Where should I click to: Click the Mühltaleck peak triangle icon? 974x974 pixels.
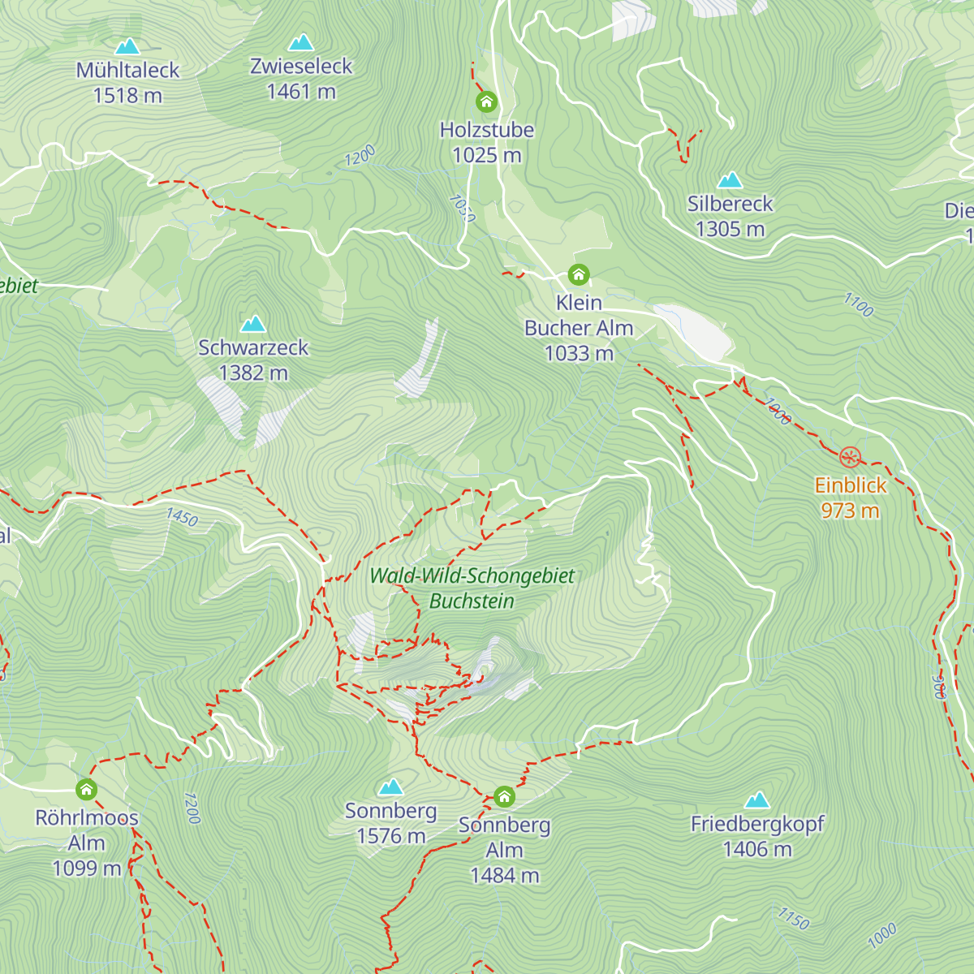click(x=127, y=46)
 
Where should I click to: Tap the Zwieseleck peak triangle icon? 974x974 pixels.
click(x=301, y=42)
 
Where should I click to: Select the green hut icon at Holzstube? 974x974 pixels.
click(x=486, y=102)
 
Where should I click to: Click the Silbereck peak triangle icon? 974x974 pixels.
click(x=730, y=179)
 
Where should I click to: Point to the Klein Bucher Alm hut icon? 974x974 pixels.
click(x=579, y=275)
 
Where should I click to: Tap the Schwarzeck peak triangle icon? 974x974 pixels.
click(x=253, y=324)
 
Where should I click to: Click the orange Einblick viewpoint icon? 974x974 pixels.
click(x=850, y=458)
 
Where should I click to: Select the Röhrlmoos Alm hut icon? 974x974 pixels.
click(x=87, y=790)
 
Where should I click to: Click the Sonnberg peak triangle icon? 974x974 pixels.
click(x=391, y=787)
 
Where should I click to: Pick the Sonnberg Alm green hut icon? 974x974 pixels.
click(x=504, y=797)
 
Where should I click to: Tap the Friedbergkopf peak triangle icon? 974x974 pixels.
click(x=757, y=800)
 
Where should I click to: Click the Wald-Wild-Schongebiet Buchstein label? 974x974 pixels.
click(x=472, y=588)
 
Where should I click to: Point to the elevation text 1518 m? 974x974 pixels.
click(x=127, y=96)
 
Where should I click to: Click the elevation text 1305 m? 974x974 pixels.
click(x=730, y=230)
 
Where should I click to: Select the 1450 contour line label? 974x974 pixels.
click(x=182, y=517)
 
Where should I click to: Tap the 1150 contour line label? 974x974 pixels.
click(x=793, y=919)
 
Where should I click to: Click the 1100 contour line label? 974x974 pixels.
click(x=858, y=305)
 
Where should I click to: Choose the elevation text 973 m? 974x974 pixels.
click(x=850, y=511)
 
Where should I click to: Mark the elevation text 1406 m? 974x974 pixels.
click(x=757, y=850)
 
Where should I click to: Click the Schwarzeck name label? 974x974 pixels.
click(x=253, y=347)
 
